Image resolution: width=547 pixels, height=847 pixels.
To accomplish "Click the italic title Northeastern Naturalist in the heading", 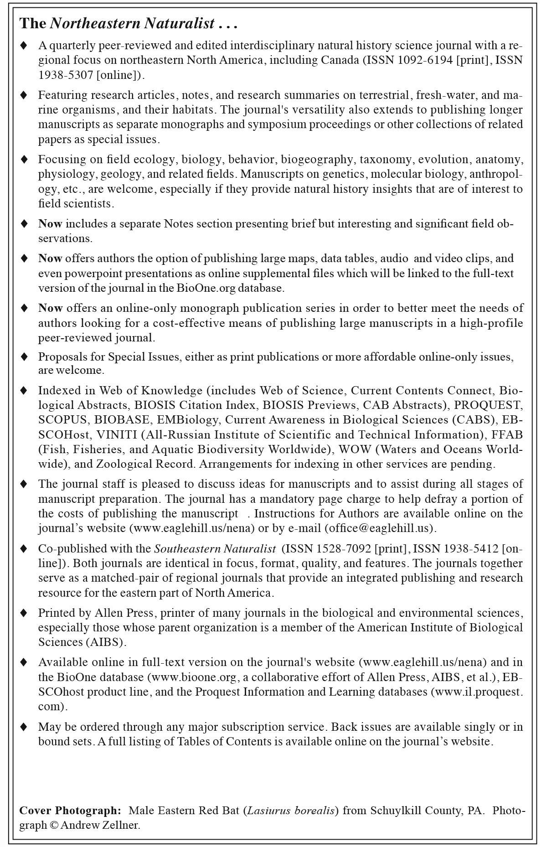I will [132, 24].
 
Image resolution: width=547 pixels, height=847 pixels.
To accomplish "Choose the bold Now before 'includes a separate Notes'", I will [50, 224].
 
